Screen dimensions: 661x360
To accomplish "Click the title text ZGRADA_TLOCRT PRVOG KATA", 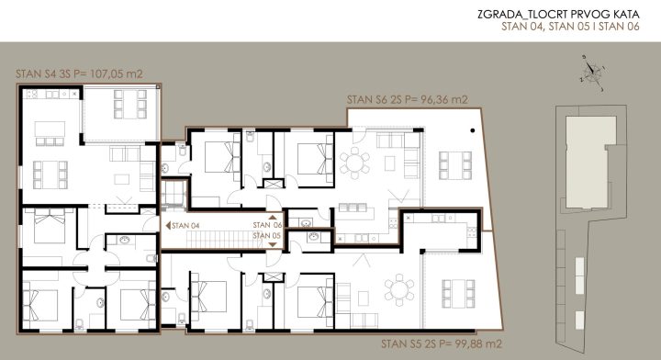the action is (558, 14).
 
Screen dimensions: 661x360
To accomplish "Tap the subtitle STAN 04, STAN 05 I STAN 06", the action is (570, 27).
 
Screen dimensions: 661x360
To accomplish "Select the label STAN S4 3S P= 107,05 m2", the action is (79, 73).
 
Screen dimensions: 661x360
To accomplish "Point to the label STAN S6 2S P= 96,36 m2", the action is (408, 100).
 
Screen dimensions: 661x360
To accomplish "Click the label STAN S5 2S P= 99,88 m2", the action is (442, 344).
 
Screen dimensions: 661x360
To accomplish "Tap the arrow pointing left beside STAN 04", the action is (168, 226).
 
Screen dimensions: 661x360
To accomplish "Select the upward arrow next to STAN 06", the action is (273, 217).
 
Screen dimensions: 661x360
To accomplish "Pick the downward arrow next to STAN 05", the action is (273, 244).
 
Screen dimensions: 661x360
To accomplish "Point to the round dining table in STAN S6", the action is (355, 163).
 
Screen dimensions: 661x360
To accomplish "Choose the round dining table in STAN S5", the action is (399, 290).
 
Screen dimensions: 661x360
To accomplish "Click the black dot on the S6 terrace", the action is (473, 130).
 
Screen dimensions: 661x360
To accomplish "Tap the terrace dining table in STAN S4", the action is (129, 104).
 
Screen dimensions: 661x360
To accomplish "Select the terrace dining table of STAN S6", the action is (455, 165).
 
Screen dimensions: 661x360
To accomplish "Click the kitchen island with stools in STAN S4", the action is (50, 133).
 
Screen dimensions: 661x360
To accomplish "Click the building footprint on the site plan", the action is (593, 163).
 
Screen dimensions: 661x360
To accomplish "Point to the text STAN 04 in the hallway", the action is (185, 226).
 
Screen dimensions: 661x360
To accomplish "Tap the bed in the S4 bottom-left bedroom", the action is (40, 305).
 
